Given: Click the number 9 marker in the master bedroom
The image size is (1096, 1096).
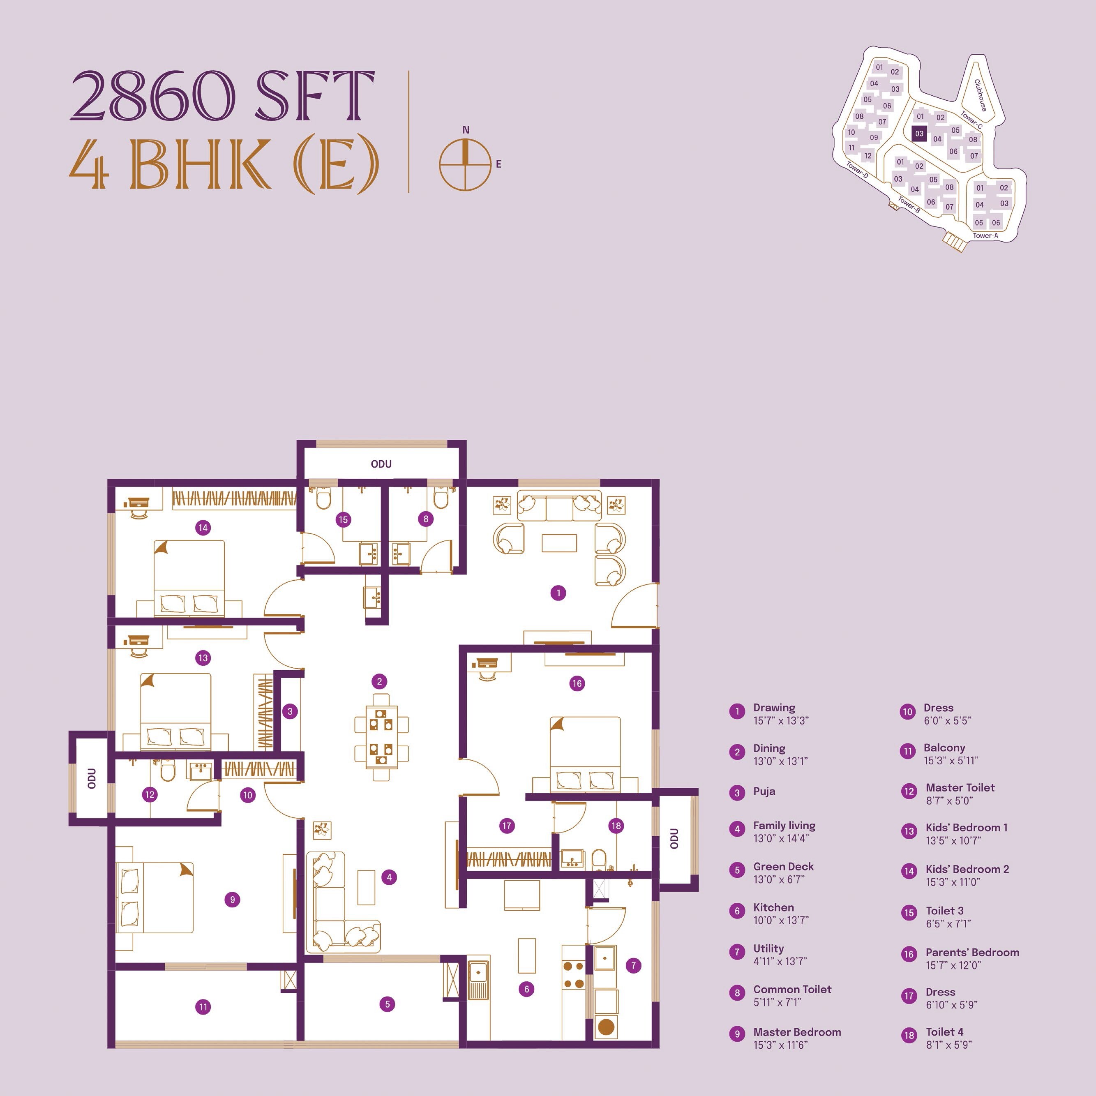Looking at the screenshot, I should [232, 899].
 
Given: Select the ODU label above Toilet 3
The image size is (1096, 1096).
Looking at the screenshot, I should [381, 464].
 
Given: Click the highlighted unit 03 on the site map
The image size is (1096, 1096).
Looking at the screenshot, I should [919, 134].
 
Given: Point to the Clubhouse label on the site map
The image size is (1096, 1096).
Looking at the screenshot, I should [980, 95].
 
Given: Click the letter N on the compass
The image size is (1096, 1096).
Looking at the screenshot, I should [466, 130].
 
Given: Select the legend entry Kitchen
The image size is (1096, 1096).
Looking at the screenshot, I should [773, 907].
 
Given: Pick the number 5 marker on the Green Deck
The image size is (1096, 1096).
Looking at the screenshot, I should [388, 1004].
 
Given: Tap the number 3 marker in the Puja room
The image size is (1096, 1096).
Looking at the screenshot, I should [290, 711].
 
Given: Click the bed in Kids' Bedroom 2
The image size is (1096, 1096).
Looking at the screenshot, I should [189, 576].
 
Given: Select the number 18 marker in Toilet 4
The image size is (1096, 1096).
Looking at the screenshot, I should [616, 826].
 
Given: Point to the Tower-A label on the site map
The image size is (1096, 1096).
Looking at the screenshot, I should [985, 235].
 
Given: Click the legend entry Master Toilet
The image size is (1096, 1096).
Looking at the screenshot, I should [960, 787].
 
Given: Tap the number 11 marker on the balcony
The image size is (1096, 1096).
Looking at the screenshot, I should [203, 1007].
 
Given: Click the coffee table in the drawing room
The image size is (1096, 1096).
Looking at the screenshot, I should [559, 543].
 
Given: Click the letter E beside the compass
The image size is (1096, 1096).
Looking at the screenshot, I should [498, 164].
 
